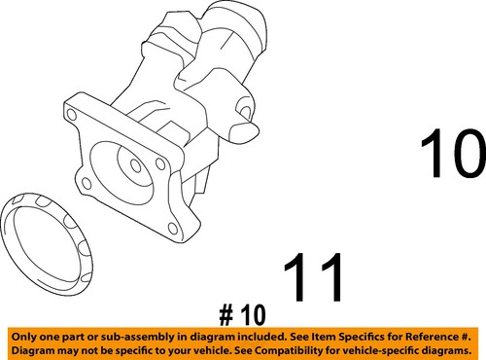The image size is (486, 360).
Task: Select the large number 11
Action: [x=314, y=279]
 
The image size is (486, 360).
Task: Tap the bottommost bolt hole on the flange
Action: [x=171, y=231]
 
